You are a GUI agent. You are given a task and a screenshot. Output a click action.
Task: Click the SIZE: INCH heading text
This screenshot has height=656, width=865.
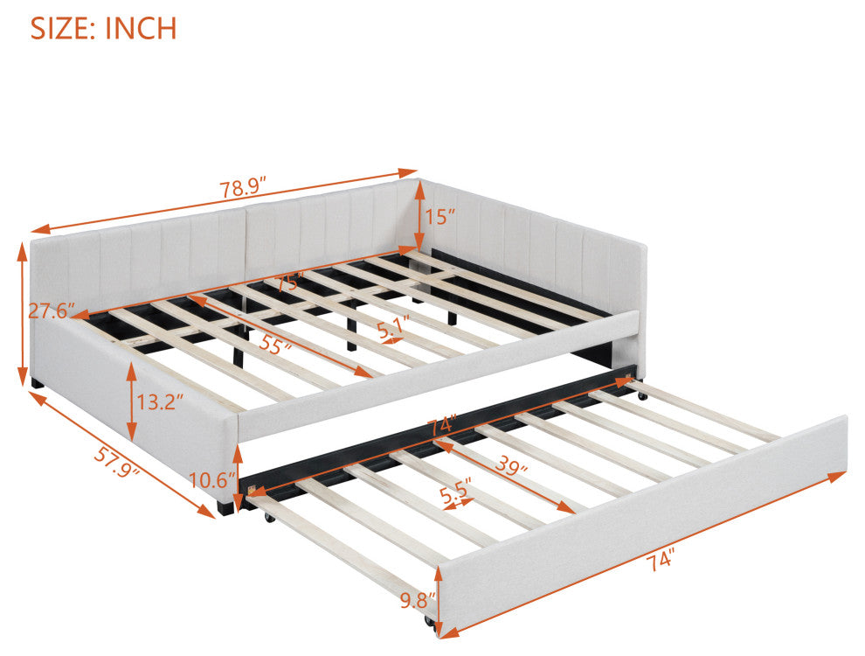click(x=103, y=28)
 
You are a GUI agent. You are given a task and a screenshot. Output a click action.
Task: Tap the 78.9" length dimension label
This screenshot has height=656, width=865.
click(x=243, y=188)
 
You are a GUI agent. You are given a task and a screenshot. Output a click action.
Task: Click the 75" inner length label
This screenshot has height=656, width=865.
click(x=290, y=282)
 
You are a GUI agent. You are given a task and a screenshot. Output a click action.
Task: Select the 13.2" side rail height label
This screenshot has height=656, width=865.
click(x=159, y=401)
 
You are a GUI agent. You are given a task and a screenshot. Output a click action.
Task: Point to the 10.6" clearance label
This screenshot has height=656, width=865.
click(x=209, y=480)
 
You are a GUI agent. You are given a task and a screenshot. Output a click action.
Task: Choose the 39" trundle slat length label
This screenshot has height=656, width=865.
click(x=510, y=465)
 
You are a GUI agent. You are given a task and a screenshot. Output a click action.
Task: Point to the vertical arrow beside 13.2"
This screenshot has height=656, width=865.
click(x=131, y=401)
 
